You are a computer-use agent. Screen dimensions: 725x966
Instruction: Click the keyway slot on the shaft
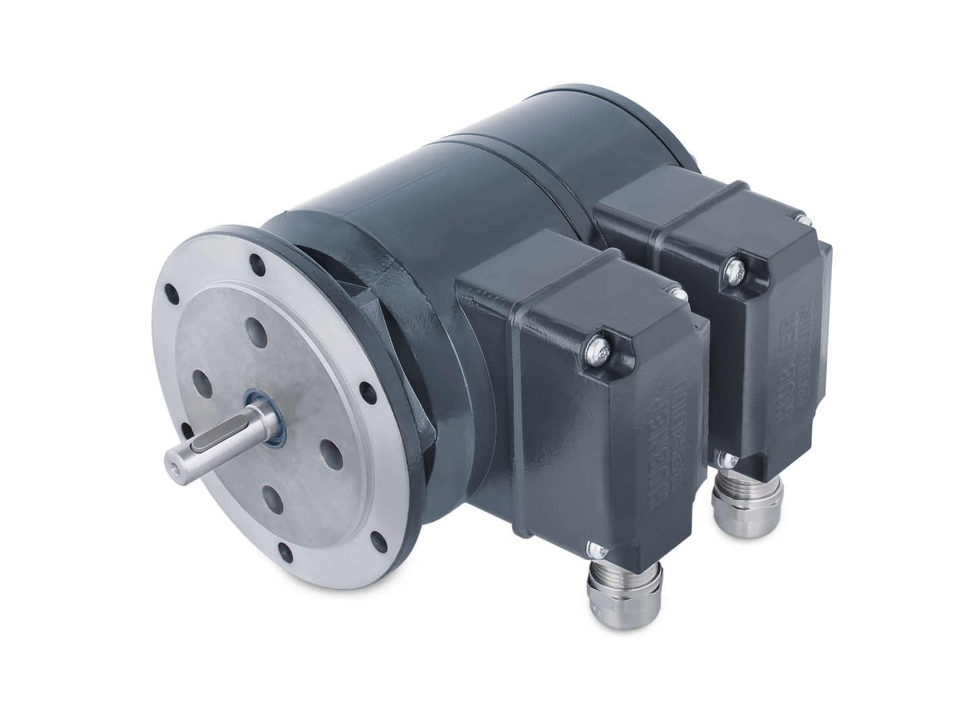point(213,444)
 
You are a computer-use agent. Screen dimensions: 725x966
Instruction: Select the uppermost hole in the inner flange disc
point(256,329)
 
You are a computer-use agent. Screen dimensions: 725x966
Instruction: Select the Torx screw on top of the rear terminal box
point(733,271)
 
